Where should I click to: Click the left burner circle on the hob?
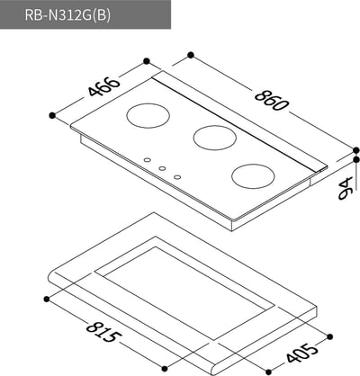click(x=144, y=116)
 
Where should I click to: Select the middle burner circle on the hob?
click(x=211, y=138)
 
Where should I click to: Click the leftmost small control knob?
click(x=147, y=162)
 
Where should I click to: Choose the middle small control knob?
click(x=162, y=168)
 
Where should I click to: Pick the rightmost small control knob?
click(x=177, y=175)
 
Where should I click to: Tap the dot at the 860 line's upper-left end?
click(x=190, y=56)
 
